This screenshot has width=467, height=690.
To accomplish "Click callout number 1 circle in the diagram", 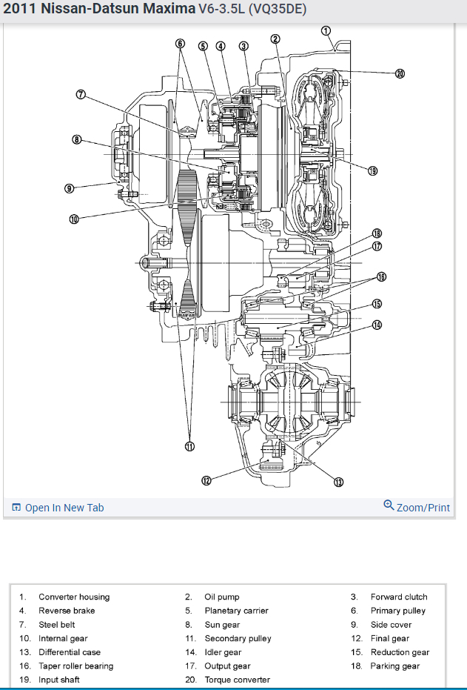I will pyautogui.click(x=326, y=30).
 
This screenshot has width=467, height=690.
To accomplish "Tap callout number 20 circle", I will pyautogui.click(x=400, y=73).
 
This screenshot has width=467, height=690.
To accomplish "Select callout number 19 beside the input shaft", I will pyautogui.click(x=372, y=171).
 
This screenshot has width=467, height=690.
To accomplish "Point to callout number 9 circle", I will pyautogui.click(x=70, y=188).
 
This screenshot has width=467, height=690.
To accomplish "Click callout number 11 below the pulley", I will pyautogui.click(x=189, y=445).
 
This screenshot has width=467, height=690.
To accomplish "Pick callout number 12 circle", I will pyautogui.click(x=207, y=480).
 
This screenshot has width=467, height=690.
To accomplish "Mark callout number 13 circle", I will pyautogui.click(x=338, y=482).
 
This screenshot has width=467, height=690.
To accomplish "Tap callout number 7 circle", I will pyautogui.click(x=81, y=94).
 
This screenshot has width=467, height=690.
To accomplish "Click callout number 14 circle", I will pyautogui.click(x=377, y=325).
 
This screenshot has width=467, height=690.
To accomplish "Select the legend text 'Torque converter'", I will pyautogui.click(x=237, y=680).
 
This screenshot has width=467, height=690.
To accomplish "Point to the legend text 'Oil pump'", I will pyautogui.click(x=222, y=597).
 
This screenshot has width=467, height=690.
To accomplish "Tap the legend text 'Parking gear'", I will pyautogui.click(x=394, y=666).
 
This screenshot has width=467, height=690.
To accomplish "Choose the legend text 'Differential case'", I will pyautogui.click(x=70, y=652).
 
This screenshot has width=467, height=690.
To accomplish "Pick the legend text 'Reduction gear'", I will pyautogui.click(x=400, y=652).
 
